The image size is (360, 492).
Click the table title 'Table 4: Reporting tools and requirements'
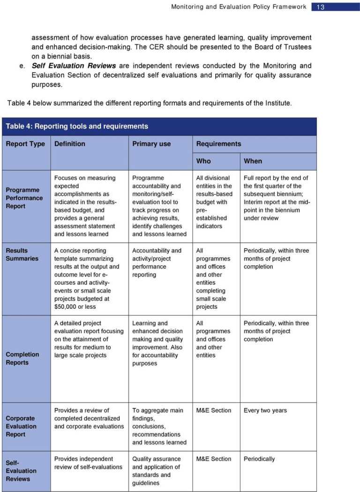pos(77,126)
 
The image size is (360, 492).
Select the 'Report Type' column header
pos(25,144)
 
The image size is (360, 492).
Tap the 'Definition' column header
pos(70,144)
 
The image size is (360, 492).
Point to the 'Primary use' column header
pos(151,144)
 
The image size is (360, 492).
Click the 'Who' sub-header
pos(203,161)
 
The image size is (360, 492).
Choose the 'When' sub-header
pos(253,161)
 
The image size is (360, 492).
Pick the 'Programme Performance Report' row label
pos(24,198)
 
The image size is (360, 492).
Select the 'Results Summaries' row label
pos(22,254)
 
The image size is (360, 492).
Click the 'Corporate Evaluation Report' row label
pos(21,426)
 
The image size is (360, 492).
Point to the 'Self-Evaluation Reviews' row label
pos(21,470)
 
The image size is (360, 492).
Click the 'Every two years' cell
pos(265,410)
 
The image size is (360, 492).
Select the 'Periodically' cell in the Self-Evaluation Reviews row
pos(259,459)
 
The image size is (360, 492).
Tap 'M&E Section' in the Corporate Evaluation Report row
pos(214,410)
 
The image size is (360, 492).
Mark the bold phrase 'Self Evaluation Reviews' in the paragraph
pos(75,66)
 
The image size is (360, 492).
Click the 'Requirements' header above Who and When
pos(218,144)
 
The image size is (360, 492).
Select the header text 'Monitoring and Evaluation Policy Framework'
pos(239,7)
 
